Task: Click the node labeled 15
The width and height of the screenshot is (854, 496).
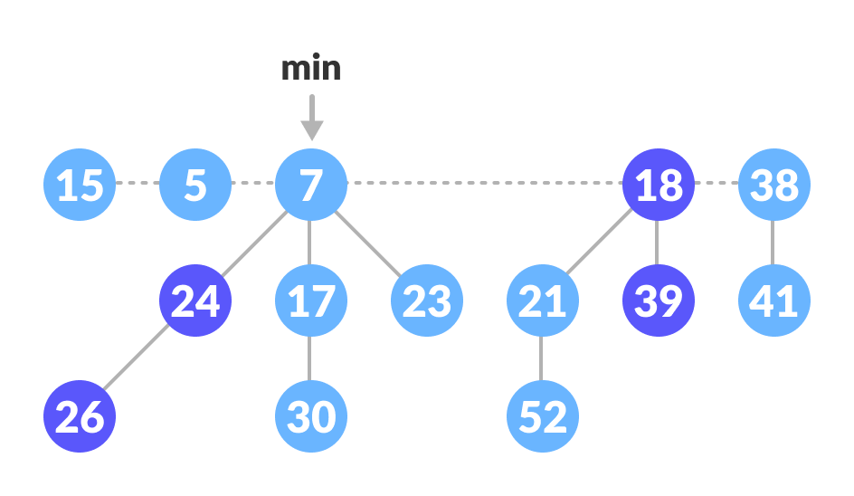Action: (80, 185)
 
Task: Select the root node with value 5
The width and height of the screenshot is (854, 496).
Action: (195, 185)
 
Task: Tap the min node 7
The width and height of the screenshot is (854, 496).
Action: (311, 185)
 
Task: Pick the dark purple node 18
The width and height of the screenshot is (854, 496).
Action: (659, 185)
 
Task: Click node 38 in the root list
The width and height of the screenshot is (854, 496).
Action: (774, 185)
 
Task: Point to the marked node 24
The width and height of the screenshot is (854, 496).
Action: (195, 300)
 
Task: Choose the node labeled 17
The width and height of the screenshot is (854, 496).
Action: (311, 300)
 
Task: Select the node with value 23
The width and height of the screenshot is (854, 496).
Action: (427, 300)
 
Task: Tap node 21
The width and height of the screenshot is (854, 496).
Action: (543, 300)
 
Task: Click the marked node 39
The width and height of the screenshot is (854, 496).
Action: (659, 300)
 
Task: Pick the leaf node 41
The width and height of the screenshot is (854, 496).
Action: (774, 300)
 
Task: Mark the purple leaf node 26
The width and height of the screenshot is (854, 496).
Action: (80, 416)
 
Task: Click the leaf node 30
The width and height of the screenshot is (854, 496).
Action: (311, 416)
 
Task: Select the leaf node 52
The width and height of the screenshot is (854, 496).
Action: (543, 416)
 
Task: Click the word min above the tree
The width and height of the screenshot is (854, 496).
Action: (311, 69)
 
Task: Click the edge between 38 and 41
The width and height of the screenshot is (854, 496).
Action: (773, 243)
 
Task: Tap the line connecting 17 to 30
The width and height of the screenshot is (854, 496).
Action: (310, 358)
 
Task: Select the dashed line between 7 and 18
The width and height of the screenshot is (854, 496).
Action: (484, 184)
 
